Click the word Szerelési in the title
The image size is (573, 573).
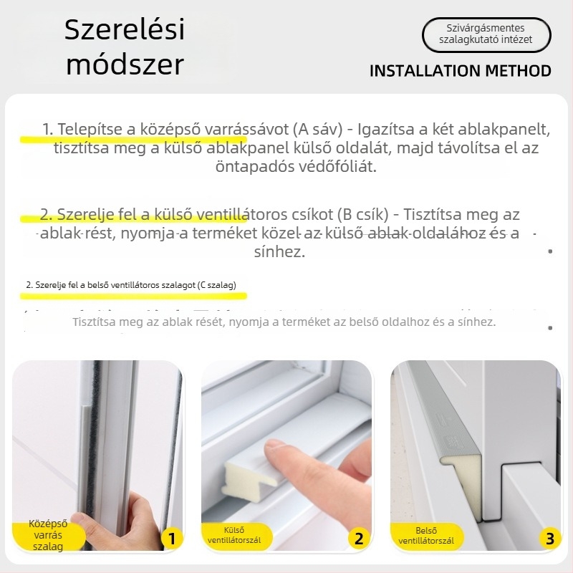[x=125, y=30]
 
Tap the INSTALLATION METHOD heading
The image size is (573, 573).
[x=460, y=71]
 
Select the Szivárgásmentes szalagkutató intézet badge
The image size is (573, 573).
[x=486, y=34]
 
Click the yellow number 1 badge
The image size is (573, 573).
[x=170, y=539]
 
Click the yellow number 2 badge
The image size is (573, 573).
[x=360, y=539]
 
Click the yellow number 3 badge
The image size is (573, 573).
[x=549, y=539]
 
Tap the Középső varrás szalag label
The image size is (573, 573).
[x=47, y=535]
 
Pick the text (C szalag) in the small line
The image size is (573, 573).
[x=220, y=285]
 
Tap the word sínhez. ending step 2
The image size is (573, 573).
[x=279, y=252]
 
